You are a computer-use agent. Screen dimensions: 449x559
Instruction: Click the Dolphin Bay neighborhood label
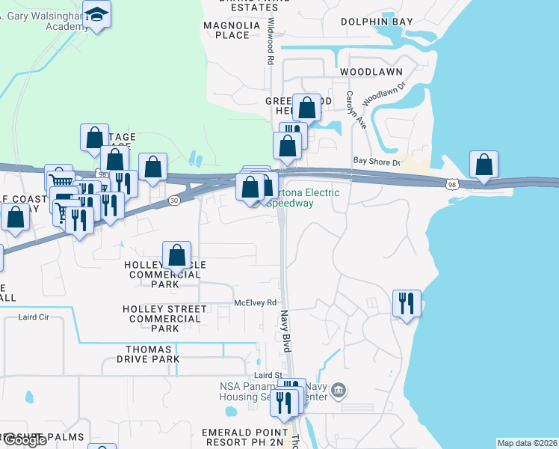click(377, 22)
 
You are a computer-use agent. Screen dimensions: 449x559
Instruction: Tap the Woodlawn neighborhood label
click(371, 72)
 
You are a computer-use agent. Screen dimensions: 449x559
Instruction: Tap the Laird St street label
click(267, 375)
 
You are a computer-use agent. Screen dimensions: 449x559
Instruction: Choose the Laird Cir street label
click(34, 317)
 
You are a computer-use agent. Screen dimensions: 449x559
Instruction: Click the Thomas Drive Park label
click(149, 354)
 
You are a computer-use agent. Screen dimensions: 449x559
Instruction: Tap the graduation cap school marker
click(96, 13)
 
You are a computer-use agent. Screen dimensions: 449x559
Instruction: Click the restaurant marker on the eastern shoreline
click(407, 303)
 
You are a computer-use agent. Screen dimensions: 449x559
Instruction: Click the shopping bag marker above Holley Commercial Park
click(176, 255)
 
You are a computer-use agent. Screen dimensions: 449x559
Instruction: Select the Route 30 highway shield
click(174, 201)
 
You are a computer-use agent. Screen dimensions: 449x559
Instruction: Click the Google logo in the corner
click(24, 440)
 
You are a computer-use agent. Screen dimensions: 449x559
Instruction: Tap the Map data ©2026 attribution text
click(527, 443)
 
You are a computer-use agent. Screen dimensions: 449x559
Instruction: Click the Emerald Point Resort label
click(244, 438)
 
